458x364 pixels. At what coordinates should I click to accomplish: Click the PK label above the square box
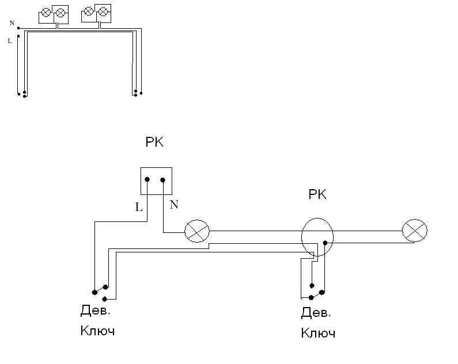[x=154, y=142]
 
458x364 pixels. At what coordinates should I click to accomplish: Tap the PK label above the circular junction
[x=317, y=195]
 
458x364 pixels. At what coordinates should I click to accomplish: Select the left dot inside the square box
[x=147, y=180]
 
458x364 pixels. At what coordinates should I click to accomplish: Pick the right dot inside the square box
[x=163, y=180]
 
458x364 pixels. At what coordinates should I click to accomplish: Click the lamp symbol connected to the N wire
[x=196, y=232]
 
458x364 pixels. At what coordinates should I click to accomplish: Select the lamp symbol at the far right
[x=415, y=231]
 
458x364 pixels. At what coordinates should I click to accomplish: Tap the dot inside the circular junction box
[x=325, y=243]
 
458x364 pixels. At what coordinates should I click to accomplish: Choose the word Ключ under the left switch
[x=97, y=331]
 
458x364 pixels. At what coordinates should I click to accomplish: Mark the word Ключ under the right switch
[x=318, y=333]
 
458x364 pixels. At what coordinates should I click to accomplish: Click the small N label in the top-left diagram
[x=12, y=23]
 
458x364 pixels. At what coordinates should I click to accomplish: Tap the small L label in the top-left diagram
[x=10, y=41]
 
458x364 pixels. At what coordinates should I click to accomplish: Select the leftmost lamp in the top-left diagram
[x=46, y=12]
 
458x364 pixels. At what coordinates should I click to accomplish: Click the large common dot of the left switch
[x=94, y=292]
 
